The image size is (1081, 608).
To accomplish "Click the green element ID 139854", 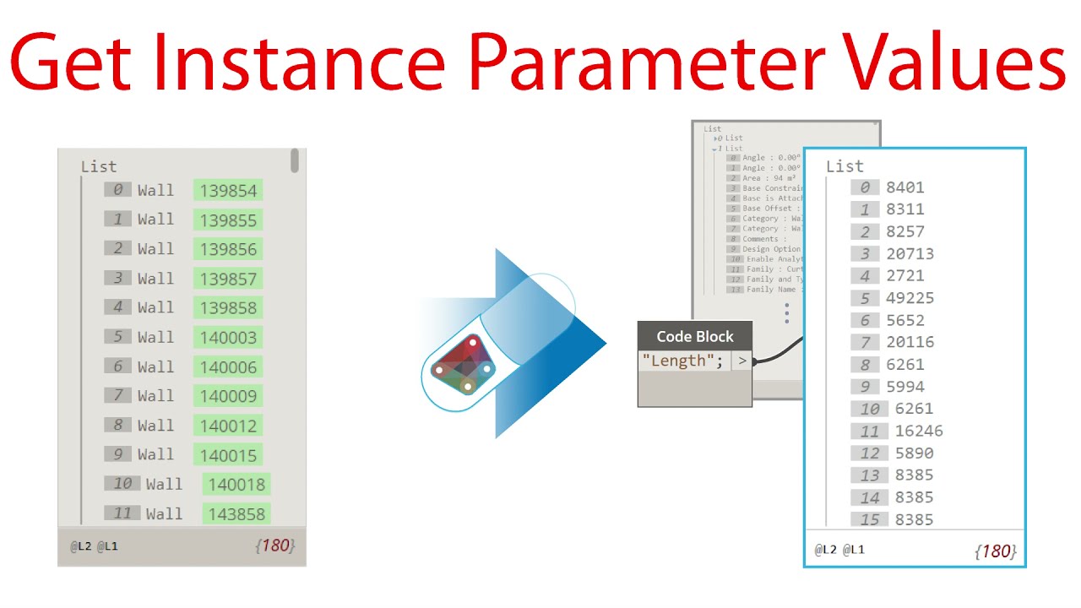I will pos(228,191).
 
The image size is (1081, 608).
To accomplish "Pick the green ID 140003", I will pos(228,338).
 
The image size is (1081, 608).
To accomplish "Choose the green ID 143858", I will pos(236,513).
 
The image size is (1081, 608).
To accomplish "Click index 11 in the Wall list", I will pos(122,513).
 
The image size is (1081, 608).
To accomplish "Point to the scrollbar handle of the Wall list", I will pos(295,160).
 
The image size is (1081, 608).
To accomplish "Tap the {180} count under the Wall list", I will pos(274,546).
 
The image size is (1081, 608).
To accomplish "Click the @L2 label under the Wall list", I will pos(81,546).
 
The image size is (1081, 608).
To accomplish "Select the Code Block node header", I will pos(694,336).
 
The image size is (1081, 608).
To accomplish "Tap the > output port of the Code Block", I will pos(741,361).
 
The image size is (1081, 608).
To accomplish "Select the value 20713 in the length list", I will pos(910,253).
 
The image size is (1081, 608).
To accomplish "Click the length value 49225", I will pos(910,298).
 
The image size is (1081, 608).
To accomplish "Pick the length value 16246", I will pos(919,431).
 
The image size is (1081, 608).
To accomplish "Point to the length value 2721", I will pos(904,275).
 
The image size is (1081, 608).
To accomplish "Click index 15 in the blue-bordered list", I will pos(870,519).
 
